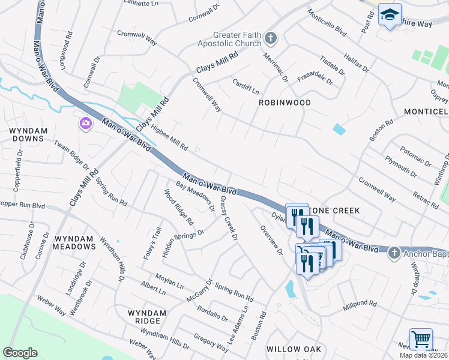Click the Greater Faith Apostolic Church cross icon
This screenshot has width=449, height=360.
pos(271,39)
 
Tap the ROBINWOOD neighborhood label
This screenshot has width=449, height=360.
pos(285,103)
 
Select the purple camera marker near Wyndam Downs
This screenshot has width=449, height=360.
pos(85,124)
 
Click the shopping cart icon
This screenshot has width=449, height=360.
pos(421,339)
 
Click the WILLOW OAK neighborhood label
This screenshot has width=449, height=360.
pos(294,349)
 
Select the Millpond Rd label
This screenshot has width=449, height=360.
pos(359,308)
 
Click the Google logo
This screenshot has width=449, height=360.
pos(20,353)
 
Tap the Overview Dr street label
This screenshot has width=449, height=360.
pos(271,239)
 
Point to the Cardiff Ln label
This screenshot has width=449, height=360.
pos(246,88)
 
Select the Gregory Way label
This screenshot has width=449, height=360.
pos(211,344)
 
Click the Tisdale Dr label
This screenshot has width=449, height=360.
pos(332,66)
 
